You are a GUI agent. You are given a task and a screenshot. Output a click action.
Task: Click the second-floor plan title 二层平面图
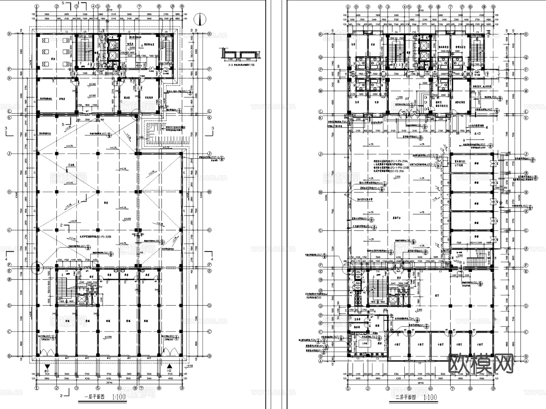(406, 397)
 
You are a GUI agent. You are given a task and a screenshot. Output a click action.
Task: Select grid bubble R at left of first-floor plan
(9, 34)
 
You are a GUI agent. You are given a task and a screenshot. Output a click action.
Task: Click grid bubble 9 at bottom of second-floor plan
(493, 388)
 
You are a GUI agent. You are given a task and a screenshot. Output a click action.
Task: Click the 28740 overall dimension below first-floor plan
(110, 383)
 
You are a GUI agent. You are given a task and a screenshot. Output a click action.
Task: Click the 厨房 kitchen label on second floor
(380, 344)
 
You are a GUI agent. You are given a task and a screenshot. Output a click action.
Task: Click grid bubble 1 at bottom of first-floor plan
(37, 388)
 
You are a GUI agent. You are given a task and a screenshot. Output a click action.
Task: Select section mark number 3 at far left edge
(6, 128)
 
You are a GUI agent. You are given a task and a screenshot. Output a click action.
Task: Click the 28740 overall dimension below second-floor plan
(420, 383)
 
